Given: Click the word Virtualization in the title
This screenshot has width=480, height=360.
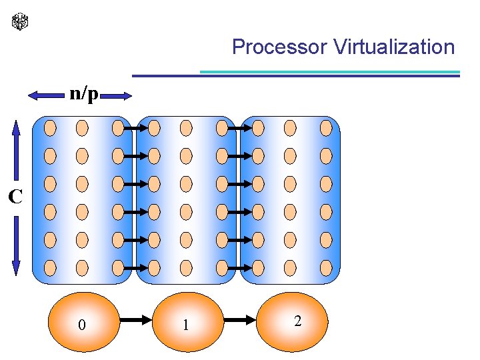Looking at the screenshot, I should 394,47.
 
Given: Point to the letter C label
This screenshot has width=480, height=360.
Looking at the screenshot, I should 15,196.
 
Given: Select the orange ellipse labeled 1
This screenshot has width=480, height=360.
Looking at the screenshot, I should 187,323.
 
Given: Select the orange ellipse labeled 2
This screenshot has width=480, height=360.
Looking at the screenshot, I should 295,321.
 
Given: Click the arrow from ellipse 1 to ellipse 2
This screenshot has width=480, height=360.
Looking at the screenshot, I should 241,321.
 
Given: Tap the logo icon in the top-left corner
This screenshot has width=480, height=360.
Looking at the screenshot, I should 21,22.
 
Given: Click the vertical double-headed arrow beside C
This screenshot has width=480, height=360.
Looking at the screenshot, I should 17,197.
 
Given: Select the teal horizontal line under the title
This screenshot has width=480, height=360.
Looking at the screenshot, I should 330,71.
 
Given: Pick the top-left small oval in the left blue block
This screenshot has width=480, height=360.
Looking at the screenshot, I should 50,127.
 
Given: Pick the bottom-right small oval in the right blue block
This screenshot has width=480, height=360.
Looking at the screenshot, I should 325,268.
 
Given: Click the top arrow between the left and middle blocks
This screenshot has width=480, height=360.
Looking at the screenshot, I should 135,127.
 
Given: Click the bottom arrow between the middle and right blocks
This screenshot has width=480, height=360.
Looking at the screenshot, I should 239,268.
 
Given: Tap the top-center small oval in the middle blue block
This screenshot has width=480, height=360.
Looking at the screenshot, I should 187,127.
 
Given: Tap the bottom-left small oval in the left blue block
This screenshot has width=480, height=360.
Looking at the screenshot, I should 50,268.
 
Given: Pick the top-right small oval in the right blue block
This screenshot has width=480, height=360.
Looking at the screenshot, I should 325,127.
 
